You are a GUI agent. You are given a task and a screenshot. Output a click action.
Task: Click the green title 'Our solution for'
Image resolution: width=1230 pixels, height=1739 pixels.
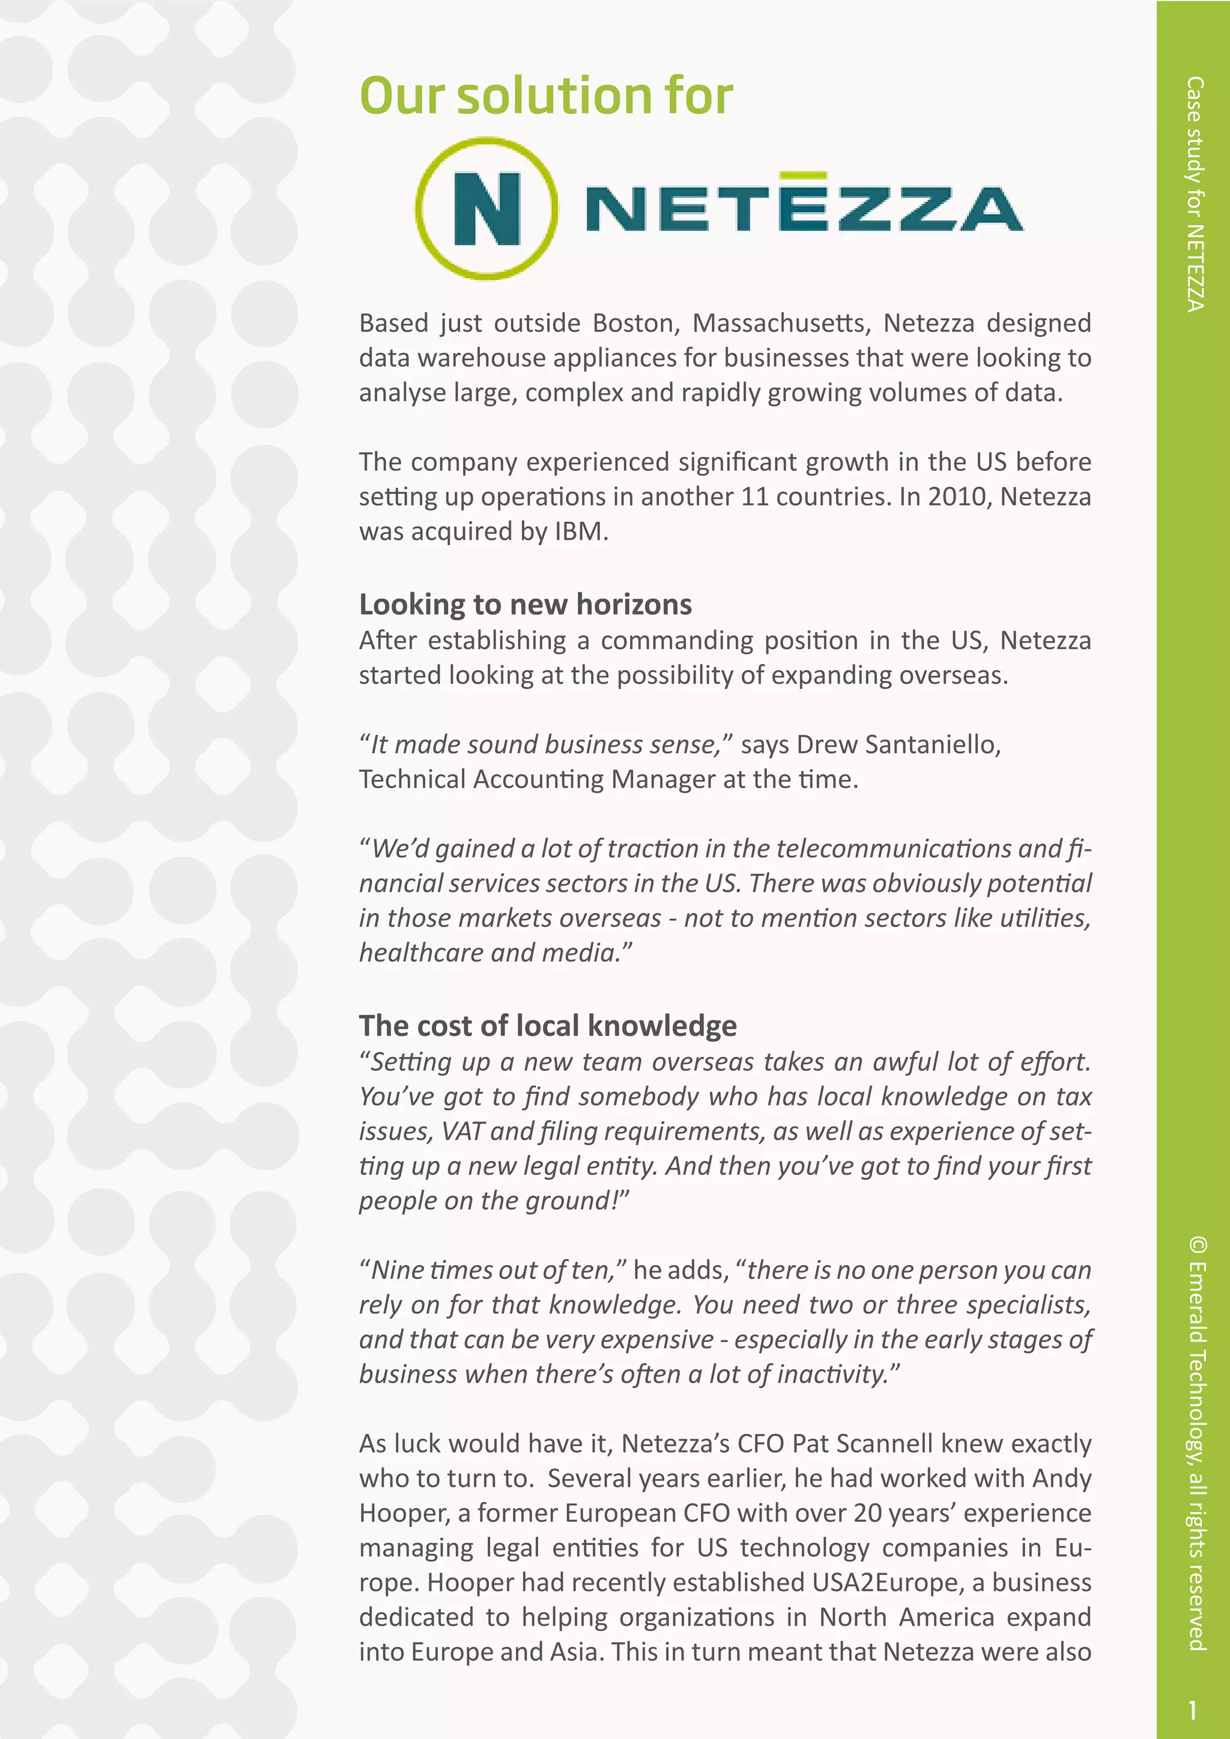(545, 96)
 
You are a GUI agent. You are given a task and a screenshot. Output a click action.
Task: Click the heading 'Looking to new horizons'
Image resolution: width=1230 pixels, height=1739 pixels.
(525, 605)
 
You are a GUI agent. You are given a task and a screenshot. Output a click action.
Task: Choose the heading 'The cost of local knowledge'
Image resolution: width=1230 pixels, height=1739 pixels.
(548, 1026)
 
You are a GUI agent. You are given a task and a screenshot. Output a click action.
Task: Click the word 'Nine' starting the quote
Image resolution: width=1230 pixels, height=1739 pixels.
(397, 1270)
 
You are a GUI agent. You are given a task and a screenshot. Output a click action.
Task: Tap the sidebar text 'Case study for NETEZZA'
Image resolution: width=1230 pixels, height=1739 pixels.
(1195, 194)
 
